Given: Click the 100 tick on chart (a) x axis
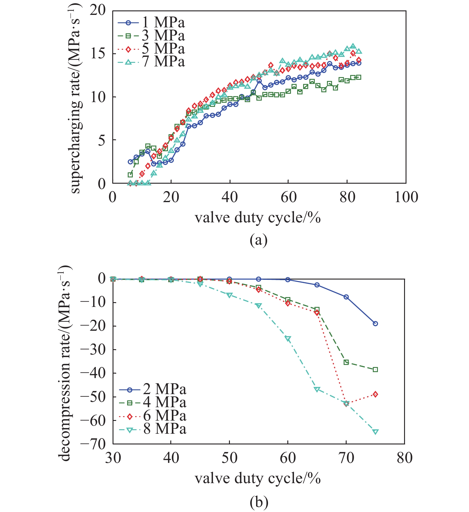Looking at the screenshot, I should click(x=406, y=197).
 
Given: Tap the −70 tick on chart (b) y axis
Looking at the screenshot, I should click(x=93, y=444).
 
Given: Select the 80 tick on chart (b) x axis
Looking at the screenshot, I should click(x=404, y=458).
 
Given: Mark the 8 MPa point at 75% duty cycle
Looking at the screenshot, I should click(x=375, y=432).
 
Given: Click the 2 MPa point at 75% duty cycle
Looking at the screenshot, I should click(x=375, y=324).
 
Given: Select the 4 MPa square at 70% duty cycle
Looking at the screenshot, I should click(x=346, y=362).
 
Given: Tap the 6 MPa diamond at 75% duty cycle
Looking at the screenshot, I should click(x=375, y=394).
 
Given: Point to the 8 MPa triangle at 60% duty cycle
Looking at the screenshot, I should click(x=288, y=338).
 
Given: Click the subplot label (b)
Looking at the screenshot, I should click(x=258, y=502).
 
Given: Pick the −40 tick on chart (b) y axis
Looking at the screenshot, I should click(x=93, y=373).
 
